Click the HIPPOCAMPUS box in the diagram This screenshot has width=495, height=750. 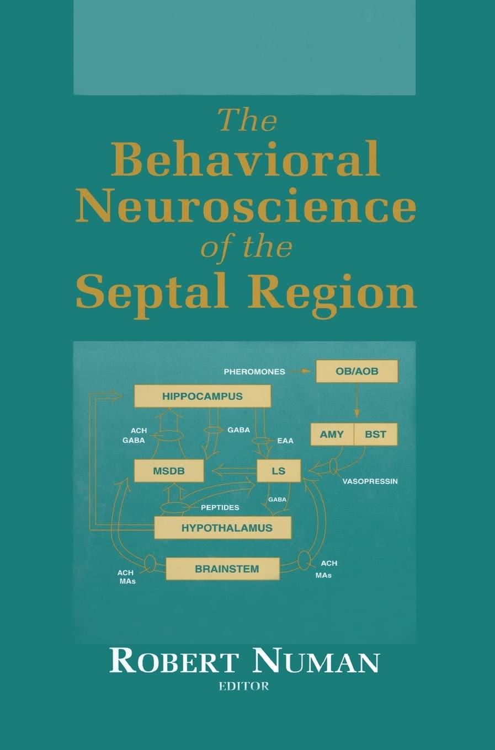[203, 396]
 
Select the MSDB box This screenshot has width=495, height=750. [168, 472]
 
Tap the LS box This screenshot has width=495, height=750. [279, 472]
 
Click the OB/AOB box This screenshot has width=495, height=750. [356, 371]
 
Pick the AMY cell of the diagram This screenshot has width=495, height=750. [332, 435]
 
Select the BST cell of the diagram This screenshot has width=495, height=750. [375, 435]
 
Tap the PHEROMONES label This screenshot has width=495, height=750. [254, 372]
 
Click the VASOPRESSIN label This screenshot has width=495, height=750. [370, 481]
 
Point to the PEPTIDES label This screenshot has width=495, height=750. [220, 507]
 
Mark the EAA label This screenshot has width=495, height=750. [285, 441]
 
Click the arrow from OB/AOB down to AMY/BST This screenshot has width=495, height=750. [356, 401]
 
